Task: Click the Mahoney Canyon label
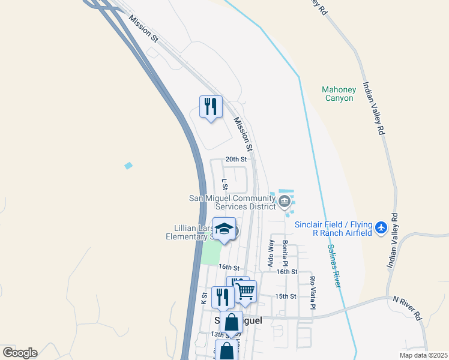pyautogui.click(x=339, y=94)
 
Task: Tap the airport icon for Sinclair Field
pyautogui.click(x=381, y=228)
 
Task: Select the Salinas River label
pyautogui.click(x=333, y=265)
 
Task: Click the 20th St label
pyautogui.click(x=236, y=160)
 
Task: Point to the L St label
pyautogui.click(x=224, y=183)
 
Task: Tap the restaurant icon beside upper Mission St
pyautogui.click(x=211, y=107)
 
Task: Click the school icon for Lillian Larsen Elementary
pyautogui.click(x=224, y=229)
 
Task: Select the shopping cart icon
pyautogui.click(x=245, y=292)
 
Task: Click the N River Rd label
pyautogui.click(x=408, y=307)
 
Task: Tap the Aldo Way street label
pyautogui.click(x=271, y=253)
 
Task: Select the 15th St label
pyautogui.click(x=286, y=296)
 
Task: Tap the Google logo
pyautogui.click(x=20, y=353)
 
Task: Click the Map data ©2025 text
pyautogui.click(x=423, y=355)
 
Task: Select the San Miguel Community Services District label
pyautogui.click(x=232, y=202)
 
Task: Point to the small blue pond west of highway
pyautogui.click(x=128, y=165)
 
